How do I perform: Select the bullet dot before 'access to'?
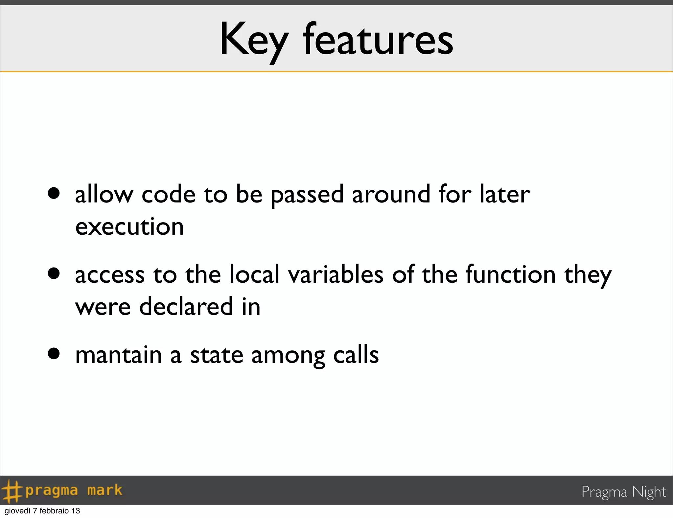pyautogui.click(x=54, y=273)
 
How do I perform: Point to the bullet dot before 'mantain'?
pyautogui.click(x=54, y=354)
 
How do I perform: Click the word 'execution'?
pyautogui.click(x=129, y=227)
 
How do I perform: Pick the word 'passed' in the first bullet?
pyautogui.click(x=307, y=195)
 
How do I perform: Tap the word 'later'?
pyautogui.click(x=505, y=194)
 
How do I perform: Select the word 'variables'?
pyautogui.click(x=336, y=274)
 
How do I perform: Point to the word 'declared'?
pyautogui.click(x=186, y=307)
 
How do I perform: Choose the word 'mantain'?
pyautogui.click(x=119, y=355)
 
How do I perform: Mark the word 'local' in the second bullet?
pyautogui.click(x=254, y=274)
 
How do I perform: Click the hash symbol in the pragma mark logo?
pyautogui.click(x=12, y=491)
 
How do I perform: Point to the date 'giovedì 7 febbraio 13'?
pyautogui.click(x=42, y=511)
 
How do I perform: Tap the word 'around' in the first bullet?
pyautogui.click(x=391, y=194)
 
